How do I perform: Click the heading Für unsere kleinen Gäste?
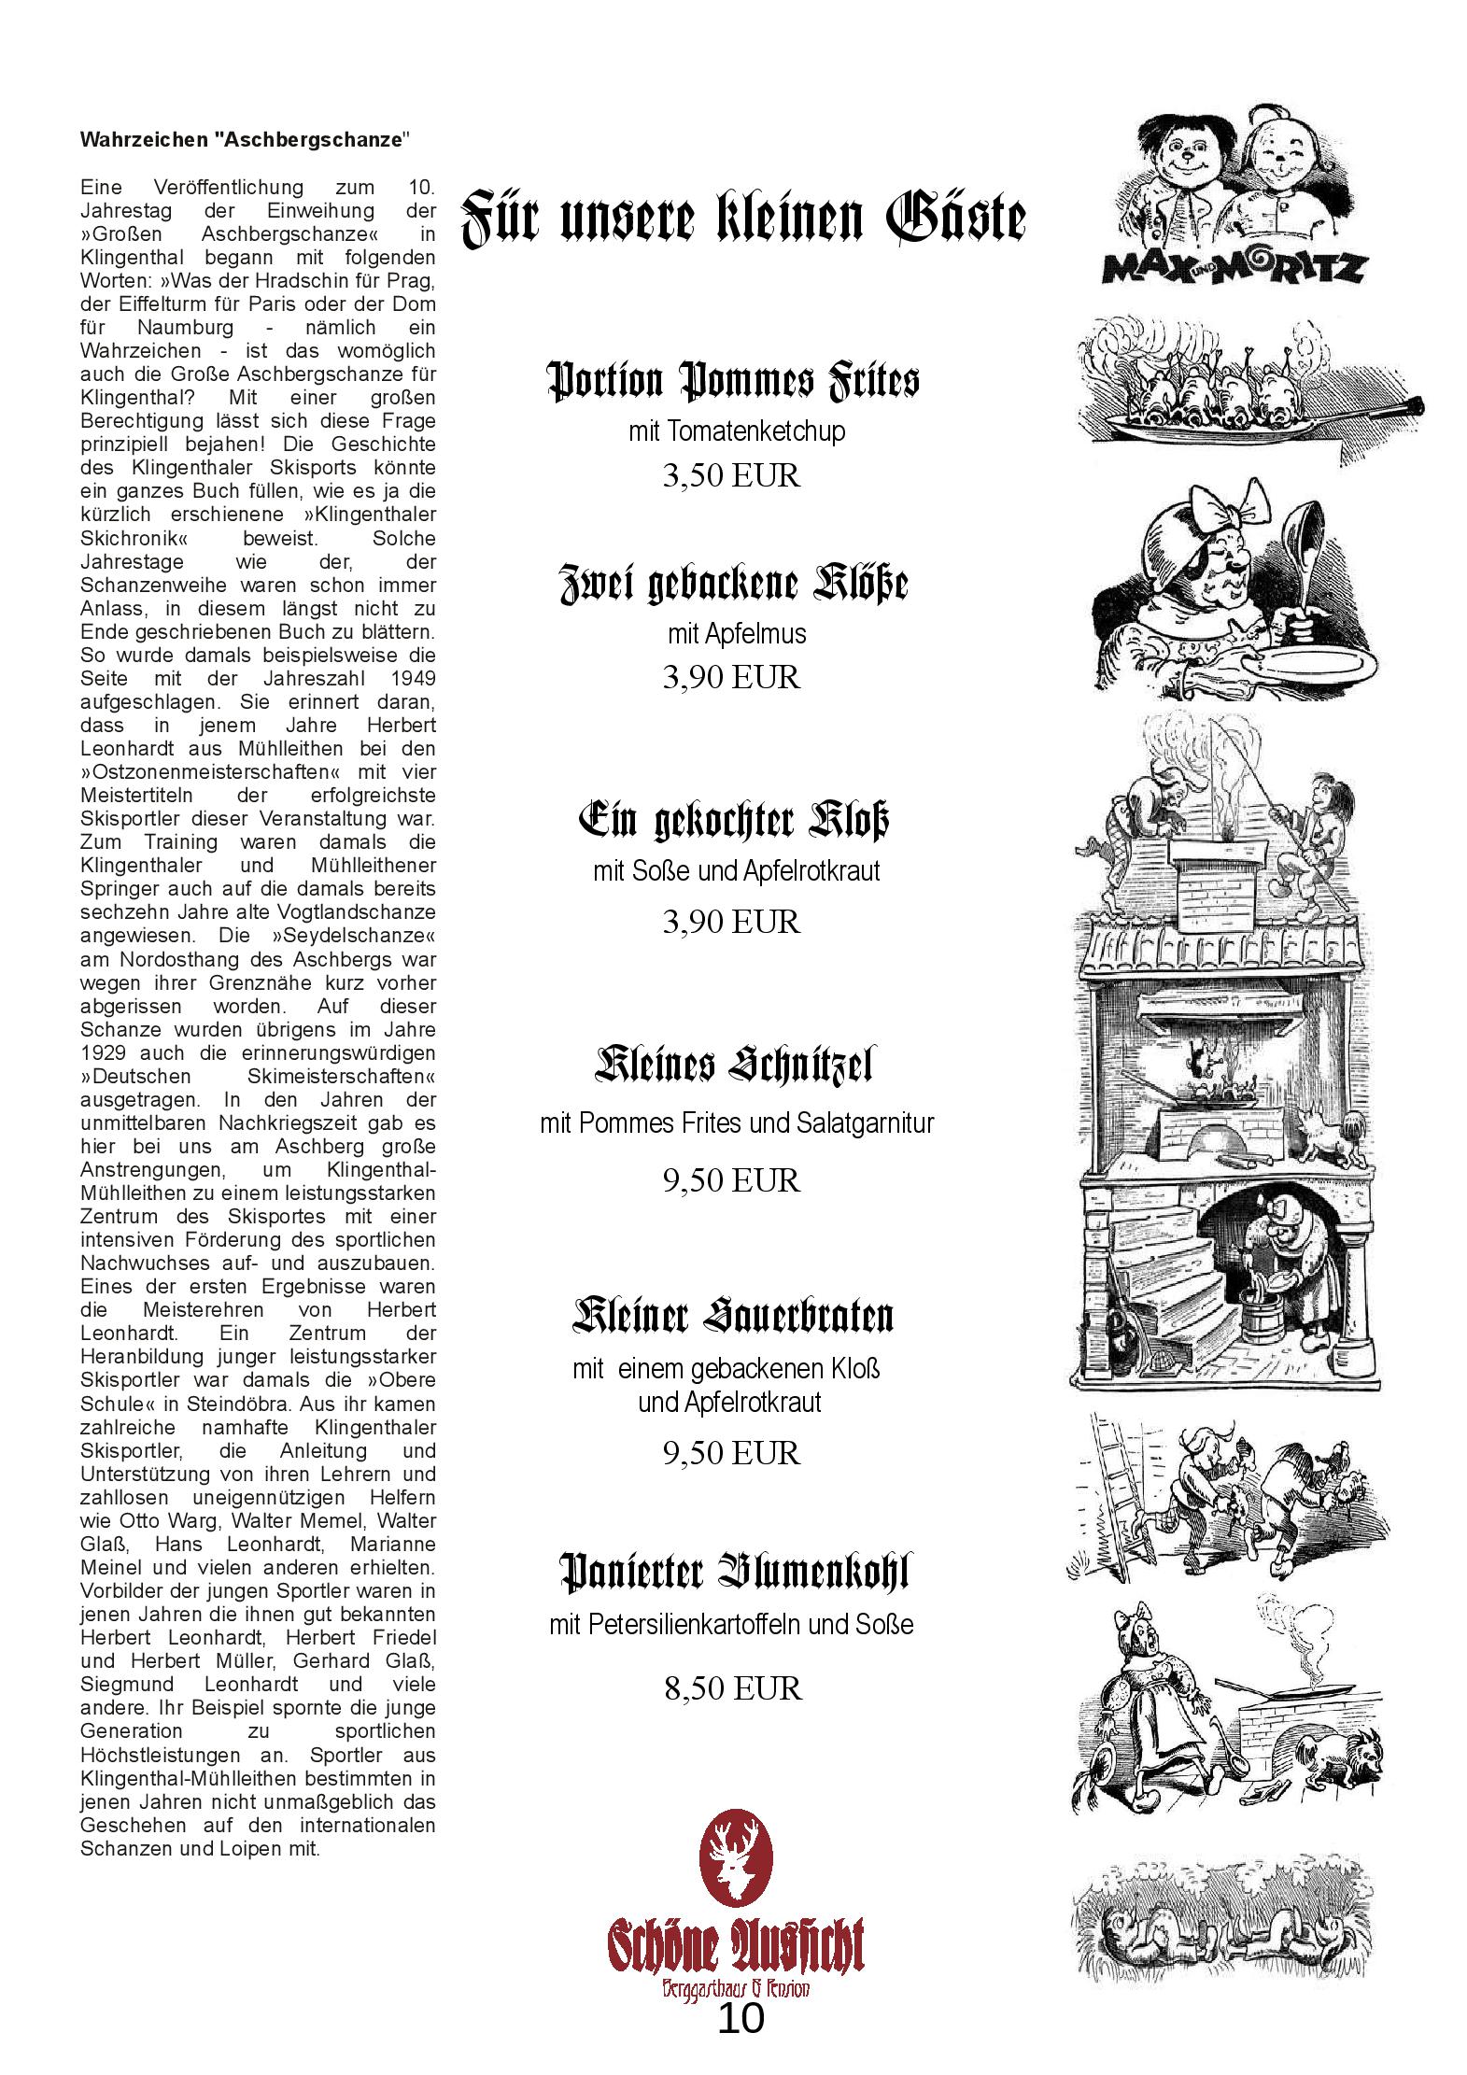coord(743,219)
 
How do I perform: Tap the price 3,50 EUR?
coord(731,475)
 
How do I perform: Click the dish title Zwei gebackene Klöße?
coord(733,584)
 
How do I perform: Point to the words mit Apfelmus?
coord(736,633)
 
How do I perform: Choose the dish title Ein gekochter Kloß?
coord(733,819)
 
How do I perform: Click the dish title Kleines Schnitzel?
coord(734,1064)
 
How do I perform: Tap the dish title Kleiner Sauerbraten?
coord(733,1315)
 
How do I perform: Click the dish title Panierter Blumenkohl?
coord(734,1572)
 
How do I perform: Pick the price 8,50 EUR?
coord(733,1687)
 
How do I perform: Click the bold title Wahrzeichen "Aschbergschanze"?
coord(246,140)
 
